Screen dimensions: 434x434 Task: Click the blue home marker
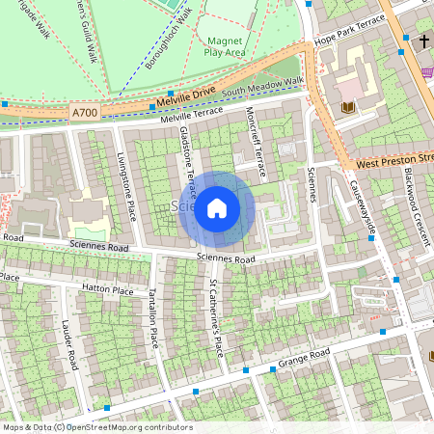click(x=217, y=208)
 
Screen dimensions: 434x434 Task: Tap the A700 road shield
click(x=84, y=114)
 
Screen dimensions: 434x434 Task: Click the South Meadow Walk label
click(x=262, y=87)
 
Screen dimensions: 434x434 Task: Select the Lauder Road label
click(x=70, y=344)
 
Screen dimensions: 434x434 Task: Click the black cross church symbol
click(x=424, y=42)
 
